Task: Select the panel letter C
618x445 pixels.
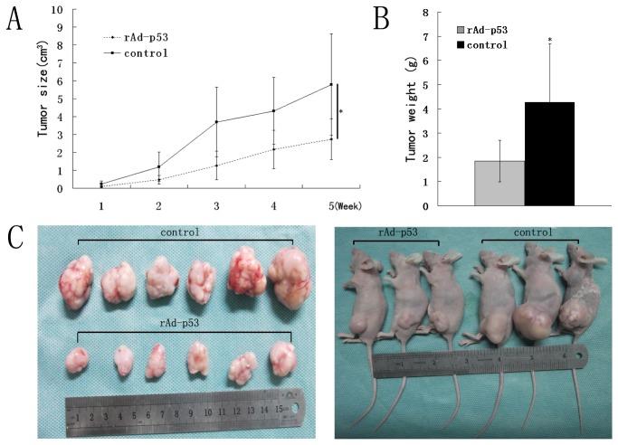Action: [x=15, y=238]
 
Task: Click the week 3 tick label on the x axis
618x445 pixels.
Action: [x=215, y=205]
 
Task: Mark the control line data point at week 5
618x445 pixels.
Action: [x=331, y=85]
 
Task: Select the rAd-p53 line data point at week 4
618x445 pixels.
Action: [x=274, y=149]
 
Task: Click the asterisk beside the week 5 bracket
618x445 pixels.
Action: [x=340, y=111]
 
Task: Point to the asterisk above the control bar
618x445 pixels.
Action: [x=550, y=42]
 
